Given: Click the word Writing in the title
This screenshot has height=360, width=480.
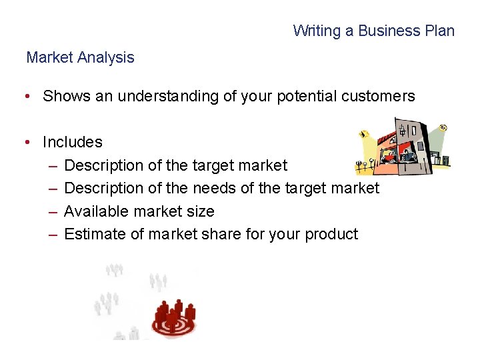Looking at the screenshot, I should pos(314,31).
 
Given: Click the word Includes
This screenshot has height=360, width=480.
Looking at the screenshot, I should pos(72,142).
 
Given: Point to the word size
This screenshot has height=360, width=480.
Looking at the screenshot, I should pos(201,211).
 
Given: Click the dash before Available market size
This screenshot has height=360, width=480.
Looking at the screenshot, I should pos(53,211).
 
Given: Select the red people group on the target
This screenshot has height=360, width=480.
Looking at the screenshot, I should pos(173,316).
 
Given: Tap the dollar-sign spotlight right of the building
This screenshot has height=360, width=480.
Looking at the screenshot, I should pos(443,129).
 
